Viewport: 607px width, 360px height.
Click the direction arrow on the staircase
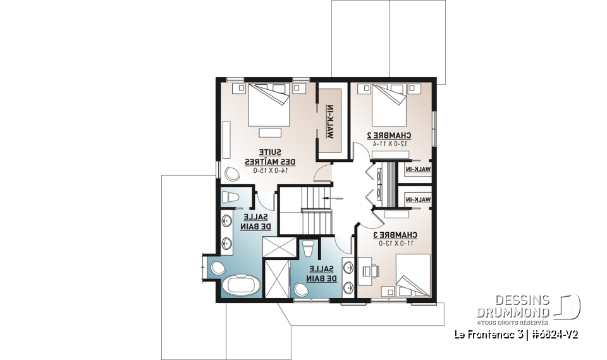(x=326, y=198)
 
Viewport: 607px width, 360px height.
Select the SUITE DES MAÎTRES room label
(x=267, y=157)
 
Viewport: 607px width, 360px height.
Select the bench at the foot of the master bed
(x=269, y=132)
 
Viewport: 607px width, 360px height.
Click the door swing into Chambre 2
(x=359, y=152)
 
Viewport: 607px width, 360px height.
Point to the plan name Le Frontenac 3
(x=484, y=333)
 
